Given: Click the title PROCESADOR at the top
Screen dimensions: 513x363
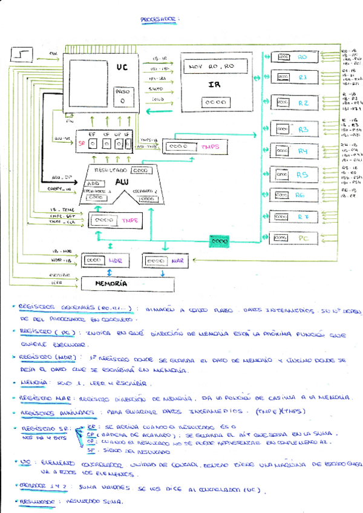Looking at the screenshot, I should coord(159,20).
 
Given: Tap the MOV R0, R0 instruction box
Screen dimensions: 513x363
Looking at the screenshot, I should coord(212,65).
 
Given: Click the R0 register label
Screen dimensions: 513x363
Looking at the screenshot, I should coord(303,57).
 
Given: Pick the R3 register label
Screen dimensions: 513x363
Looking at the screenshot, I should coord(303,129).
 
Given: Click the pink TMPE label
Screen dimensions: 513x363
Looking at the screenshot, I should coord(129,220).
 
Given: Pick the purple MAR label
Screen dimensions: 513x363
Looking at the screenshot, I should coord(176,261).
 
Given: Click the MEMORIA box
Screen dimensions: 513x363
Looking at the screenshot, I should coord(112,283).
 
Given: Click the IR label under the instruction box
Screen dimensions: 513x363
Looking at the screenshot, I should coord(214,85).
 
